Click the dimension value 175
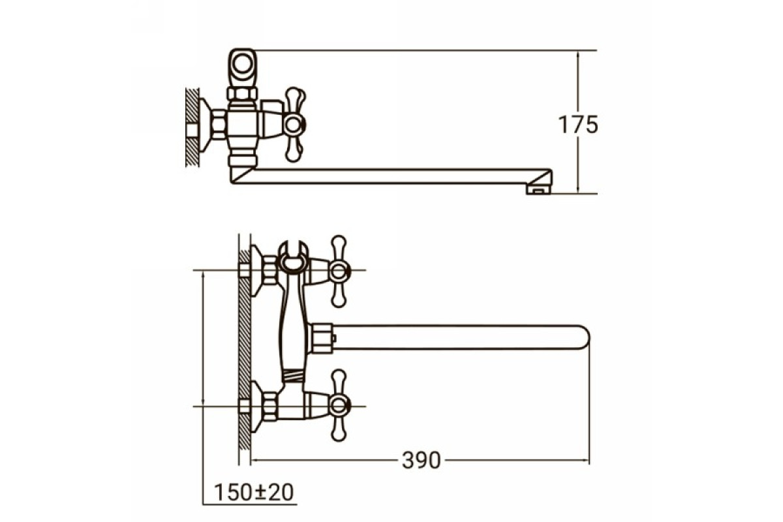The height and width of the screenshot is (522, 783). pos(578,125)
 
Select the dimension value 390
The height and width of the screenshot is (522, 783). pos(422,460)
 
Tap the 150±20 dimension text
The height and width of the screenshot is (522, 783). pos(253,493)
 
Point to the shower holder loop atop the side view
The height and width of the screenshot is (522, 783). pos(242,67)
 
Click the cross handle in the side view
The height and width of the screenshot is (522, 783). pos(294,125)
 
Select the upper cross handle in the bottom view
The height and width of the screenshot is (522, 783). pos(339,271)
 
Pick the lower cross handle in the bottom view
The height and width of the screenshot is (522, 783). pos(339,406)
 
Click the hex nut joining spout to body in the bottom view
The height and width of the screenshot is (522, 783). pos(321,338)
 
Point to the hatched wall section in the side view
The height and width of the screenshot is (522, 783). pos(192,127)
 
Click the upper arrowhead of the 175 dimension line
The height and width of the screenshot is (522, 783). pos(577,54)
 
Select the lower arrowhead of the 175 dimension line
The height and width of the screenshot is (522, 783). pos(577,189)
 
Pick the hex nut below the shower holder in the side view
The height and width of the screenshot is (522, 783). pos(242,94)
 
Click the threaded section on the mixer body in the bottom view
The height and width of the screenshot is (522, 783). pos(294,376)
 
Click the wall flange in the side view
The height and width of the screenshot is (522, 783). pos(206,125)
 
